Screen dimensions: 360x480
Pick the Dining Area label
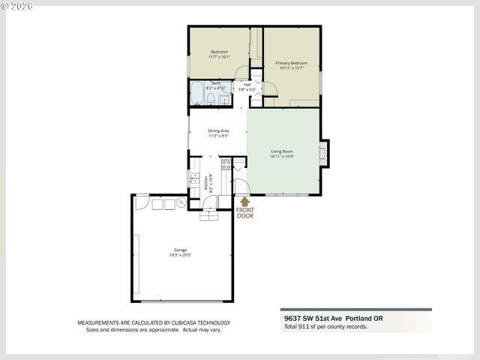(x=217, y=130)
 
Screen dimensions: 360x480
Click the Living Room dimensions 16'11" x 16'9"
(x=282, y=157)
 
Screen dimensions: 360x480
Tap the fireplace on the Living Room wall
(x=323, y=152)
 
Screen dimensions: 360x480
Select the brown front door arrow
(x=244, y=201)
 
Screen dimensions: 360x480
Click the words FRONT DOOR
(x=244, y=213)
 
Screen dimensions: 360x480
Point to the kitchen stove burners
(x=226, y=164)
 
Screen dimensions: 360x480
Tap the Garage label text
(x=180, y=250)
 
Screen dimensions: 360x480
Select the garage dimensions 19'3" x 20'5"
(x=180, y=255)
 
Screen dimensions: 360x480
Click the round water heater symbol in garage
(x=181, y=203)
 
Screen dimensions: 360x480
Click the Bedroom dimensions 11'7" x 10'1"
(x=219, y=56)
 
